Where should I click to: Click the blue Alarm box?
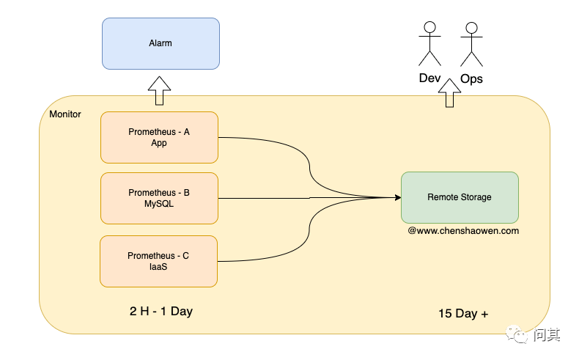pyautogui.click(x=161, y=43)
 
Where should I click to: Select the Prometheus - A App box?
pyautogui.click(x=159, y=137)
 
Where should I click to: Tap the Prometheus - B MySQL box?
pyautogui.click(x=159, y=198)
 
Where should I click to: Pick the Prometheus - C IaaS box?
pyautogui.click(x=159, y=261)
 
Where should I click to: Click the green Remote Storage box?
pyautogui.click(x=460, y=197)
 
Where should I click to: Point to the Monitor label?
pyautogui.click(x=65, y=114)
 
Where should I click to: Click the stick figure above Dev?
pyautogui.click(x=429, y=43)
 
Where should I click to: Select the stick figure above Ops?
pyautogui.click(x=471, y=43)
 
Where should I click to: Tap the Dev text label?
pyautogui.click(x=430, y=78)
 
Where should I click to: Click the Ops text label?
pyautogui.click(x=471, y=78)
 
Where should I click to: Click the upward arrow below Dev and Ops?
pyautogui.click(x=448, y=95)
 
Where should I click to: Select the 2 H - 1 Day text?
pyautogui.click(x=161, y=311)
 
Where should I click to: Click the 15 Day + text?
pyautogui.click(x=463, y=314)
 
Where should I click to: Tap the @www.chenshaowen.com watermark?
pyautogui.click(x=463, y=230)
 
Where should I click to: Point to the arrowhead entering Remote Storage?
pyautogui.click(x=397, y=197)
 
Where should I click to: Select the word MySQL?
pyautogui.click(x=159, y=204)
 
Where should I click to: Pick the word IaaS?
pyautogui.click(x=159, y=267)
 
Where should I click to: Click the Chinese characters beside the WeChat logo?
pyautogui.click(x=547, y=335)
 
